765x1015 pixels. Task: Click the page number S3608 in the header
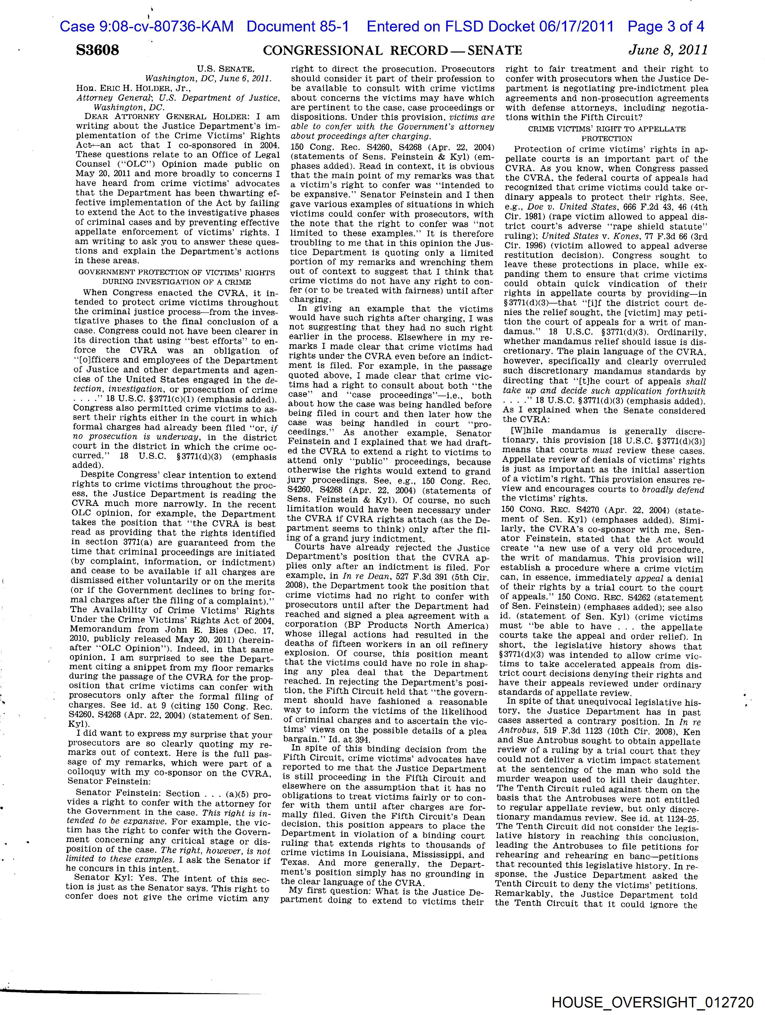point(97,50)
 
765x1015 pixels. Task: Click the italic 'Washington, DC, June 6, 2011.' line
point(209,78)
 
